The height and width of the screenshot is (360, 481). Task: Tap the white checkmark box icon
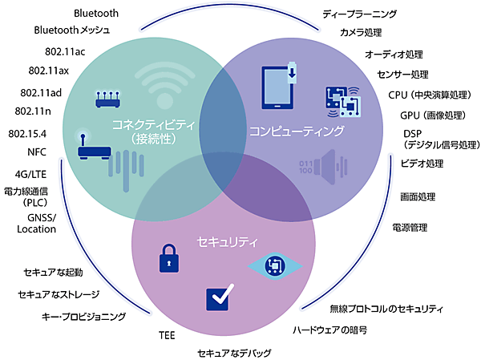[x=220, y=298]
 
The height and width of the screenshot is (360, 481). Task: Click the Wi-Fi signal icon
[x=165, y=80]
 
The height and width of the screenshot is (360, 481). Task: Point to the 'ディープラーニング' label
[x=359, y=14]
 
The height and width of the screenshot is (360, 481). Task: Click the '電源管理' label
[x=410, y=228]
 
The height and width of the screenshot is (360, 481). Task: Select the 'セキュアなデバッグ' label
[x=235, y=353]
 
